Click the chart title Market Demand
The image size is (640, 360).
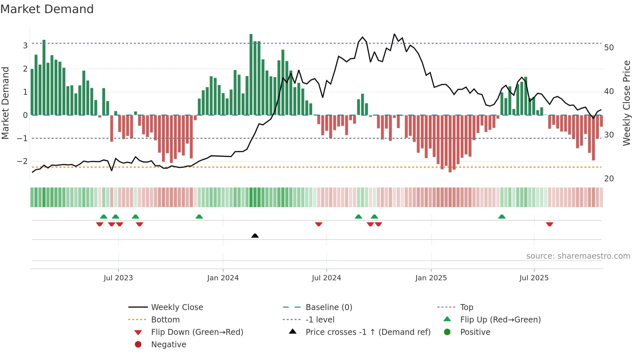pos(47,9)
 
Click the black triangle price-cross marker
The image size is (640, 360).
pos(255,236)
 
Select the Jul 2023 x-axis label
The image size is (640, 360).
pos(118,278)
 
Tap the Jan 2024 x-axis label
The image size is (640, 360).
pos(223,278)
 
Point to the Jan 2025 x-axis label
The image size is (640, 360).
pos(431,278)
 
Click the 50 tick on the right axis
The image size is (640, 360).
pos(609,48)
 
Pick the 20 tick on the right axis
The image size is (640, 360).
pos(609,179)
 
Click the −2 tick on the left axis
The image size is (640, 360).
pos(23,161)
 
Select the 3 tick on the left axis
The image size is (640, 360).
pos(25,46)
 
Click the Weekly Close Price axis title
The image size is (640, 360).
pos(626,103)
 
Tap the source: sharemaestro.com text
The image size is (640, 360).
pos(578,256)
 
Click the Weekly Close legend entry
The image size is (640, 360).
pos(177,307)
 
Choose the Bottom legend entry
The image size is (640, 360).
pos(165,320)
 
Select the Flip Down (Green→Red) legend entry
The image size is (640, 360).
pos(197,332)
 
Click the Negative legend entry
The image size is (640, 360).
pos(168,345)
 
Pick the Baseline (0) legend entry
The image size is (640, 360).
pos(328,307)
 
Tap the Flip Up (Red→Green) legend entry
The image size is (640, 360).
pos(500,320)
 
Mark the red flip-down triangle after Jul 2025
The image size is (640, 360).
pos(550,224)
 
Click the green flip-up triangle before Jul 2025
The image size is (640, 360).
pos(502,217)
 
